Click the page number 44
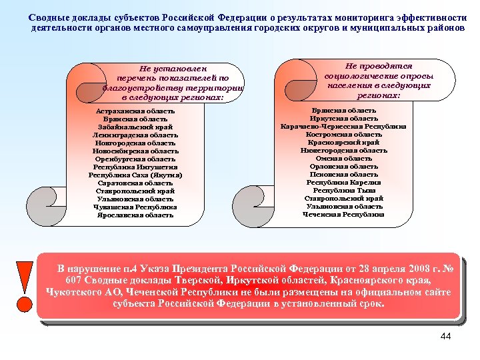(446, 336)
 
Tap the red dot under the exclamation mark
(24, 303)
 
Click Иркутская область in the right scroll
(343, 118)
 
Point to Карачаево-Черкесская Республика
(343, 126)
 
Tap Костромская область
(343, 134)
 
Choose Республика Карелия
(343, 182)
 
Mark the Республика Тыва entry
(343, 190)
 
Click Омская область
(343, 158)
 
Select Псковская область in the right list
(343, 174)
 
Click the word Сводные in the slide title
(53, 17)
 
